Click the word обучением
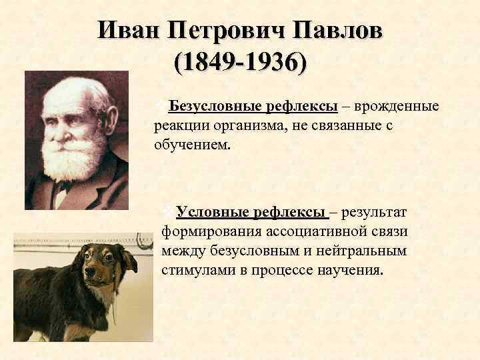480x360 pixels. [193, 143]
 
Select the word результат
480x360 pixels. [376, 212]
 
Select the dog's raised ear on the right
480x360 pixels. [126, 256]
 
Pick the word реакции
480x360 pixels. [177, 125]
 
